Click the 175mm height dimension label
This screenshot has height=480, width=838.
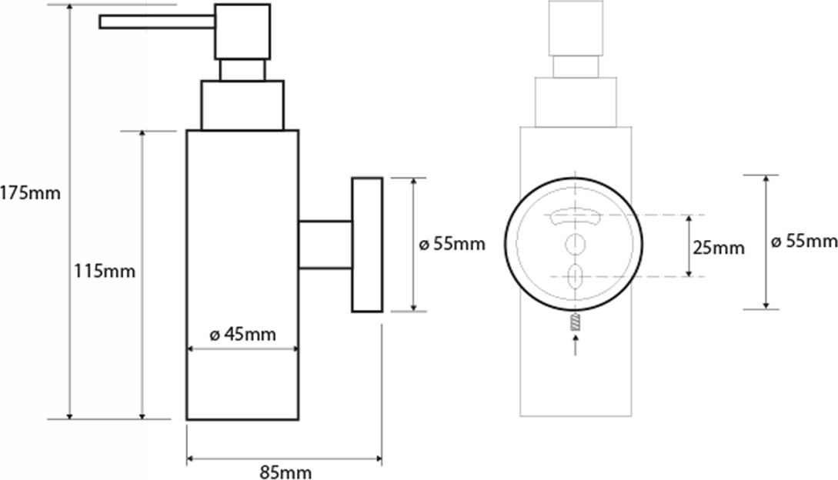pos(30,193)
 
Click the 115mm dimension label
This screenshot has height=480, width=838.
pos(104,272)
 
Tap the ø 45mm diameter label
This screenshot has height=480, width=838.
pos(242,335)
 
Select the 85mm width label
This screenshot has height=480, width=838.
pos(285,472)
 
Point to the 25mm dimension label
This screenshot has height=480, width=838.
pos(718,248)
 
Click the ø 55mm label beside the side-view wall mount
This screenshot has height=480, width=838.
pos(452,245)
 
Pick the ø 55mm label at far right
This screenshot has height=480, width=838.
pos(804,242)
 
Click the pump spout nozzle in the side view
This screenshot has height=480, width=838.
pos(157,22)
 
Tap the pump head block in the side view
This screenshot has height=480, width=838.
pos(242,32)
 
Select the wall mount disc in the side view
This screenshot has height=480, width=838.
pos(367,245)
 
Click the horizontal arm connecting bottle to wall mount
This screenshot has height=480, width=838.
pos(325,245)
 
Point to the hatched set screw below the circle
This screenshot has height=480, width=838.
pos(575,322)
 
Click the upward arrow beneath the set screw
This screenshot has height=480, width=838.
pos(575,345)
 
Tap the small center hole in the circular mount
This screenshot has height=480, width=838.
pos(575,245)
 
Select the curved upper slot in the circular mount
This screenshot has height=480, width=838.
pos(575,216)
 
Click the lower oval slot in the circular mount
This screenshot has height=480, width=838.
pos(575,276)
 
